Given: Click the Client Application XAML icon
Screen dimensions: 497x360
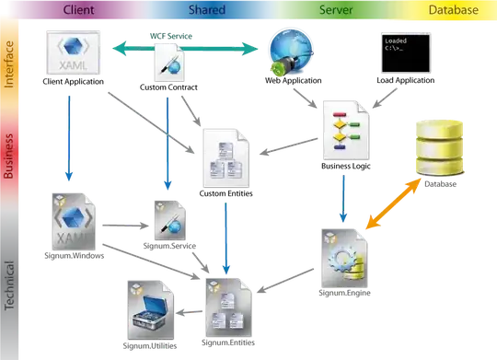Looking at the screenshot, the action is (x=74, y=52).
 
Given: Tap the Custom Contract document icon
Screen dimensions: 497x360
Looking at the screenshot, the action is (x=169, y=63).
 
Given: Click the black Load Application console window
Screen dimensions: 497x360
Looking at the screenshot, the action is (x=406, y=53).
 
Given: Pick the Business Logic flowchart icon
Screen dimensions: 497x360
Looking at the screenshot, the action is (x=346, y=130).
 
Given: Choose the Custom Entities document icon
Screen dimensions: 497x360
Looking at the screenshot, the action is (x=226, y=158).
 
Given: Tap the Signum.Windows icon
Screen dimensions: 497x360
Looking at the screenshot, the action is (x=74, y=222).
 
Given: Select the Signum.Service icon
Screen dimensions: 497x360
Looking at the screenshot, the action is (x=170, y=220).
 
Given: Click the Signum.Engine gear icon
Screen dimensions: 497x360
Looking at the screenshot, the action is (x=344, y=259).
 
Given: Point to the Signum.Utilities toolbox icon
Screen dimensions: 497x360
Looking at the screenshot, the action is (x=151, y=310).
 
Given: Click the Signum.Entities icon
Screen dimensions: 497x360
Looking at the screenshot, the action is (x=228, y=308).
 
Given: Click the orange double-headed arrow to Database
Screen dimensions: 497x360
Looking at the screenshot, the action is (x=393, y=203).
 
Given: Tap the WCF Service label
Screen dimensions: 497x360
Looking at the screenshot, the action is (x=171, y=36).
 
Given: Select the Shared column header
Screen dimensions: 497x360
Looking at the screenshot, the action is (x=207, y=10).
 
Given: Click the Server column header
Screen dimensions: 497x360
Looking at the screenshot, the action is (x=336, y=10).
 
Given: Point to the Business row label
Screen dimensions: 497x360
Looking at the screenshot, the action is (x=8, y=156).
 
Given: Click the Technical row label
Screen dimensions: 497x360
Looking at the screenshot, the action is (x=9, y=285).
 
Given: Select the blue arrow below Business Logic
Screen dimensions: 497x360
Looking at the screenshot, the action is (x=343, y=199).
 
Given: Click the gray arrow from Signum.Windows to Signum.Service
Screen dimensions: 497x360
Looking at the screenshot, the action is (x=125, y=226).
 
